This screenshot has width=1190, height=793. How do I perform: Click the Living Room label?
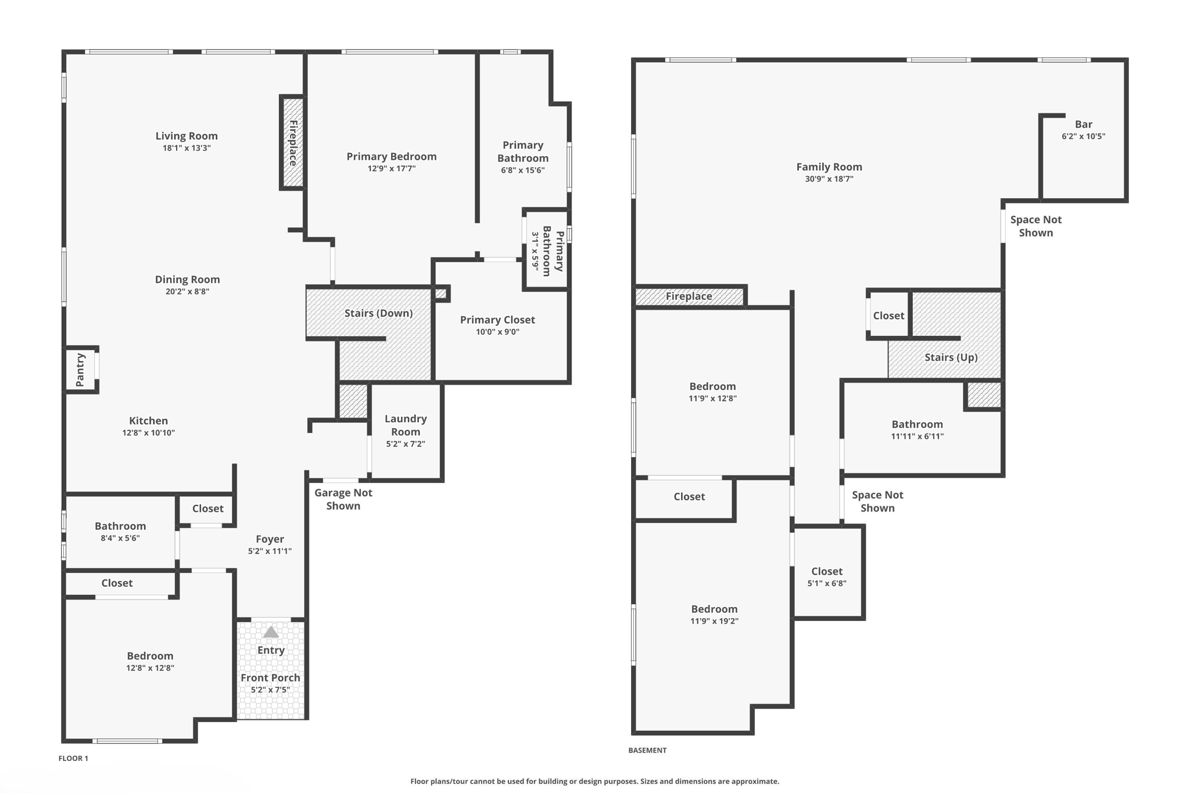point(187,136)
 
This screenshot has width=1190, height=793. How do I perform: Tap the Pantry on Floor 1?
point(81,369)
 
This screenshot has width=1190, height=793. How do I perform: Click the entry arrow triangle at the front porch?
point(271,632)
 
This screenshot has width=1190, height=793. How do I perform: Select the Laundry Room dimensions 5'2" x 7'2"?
point(406,444)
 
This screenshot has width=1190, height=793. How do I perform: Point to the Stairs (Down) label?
point(378,313)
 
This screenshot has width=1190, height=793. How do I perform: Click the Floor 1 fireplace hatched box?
point(293,142)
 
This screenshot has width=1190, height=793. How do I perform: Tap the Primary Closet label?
point(497,320)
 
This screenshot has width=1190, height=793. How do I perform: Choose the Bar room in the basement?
point(1083,124)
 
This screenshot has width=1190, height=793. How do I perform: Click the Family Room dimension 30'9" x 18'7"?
point(829,179)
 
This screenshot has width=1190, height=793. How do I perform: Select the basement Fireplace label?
point(689,296)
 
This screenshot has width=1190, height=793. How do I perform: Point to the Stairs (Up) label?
point(951,357)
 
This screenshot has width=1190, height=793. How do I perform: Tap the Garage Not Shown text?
point(343,499)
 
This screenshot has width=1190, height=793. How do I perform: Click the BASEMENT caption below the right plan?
point(647,750)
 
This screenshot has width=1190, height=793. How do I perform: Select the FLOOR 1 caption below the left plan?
point(73,758)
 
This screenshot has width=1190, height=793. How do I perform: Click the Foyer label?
point(270,539)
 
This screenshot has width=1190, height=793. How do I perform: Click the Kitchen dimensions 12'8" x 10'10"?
point(148,433)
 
